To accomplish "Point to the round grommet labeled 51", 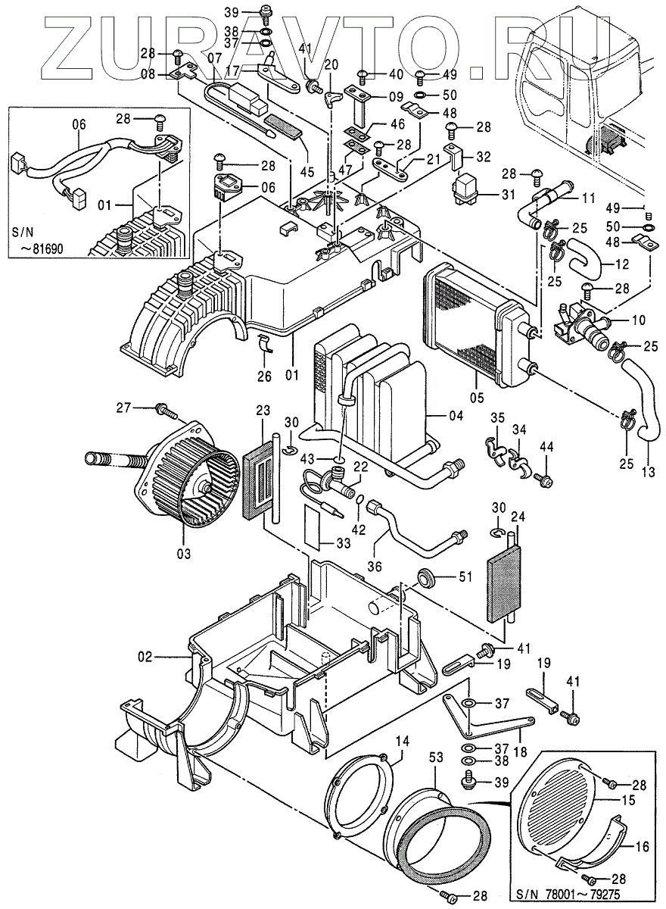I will click(427, 581).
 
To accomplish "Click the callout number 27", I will click(124, 408).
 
